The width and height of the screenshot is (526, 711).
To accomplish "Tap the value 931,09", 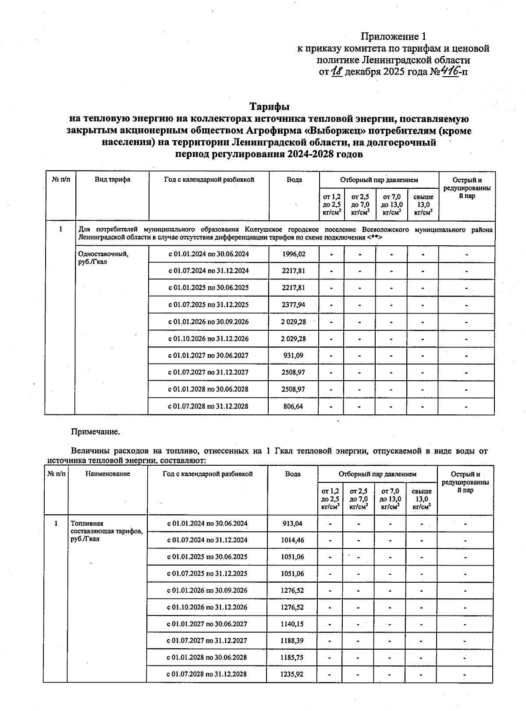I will (294, 356).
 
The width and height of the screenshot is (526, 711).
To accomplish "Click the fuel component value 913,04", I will (292, 524).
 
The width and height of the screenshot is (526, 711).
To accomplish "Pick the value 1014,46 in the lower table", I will (292, 540).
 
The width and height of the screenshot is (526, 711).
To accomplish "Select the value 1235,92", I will (292, 674).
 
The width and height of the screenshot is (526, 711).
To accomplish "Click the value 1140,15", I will (292, 624).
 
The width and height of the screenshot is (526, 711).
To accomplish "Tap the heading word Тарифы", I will (269, 107).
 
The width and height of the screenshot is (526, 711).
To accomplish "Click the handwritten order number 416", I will (448, 71).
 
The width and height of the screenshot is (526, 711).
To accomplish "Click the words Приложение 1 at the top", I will (393, 36).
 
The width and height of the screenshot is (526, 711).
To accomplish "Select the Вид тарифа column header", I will (112, 180).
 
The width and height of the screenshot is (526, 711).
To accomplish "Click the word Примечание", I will (95, 432).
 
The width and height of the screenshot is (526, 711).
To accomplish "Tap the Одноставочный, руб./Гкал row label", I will (103, 258).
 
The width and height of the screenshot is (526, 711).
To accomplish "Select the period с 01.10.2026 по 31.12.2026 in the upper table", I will (208, 339).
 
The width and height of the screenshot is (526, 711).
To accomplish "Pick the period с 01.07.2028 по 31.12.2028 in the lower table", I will (207, 674).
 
